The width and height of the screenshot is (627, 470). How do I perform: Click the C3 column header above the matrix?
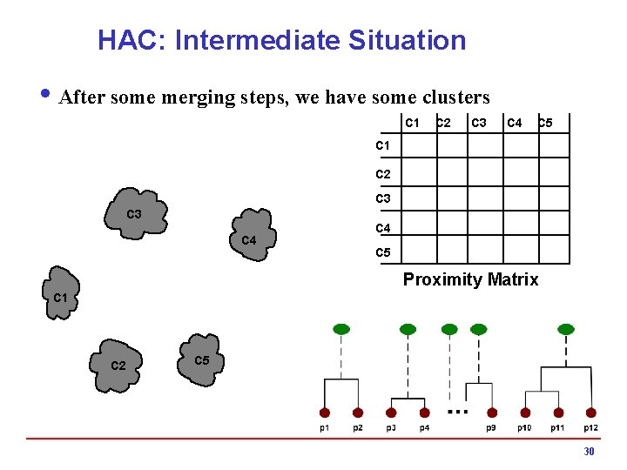478,123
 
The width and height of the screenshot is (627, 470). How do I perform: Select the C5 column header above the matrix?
544,123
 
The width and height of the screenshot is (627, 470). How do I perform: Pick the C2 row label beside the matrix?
383,174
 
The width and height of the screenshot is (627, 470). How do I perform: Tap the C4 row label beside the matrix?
383,228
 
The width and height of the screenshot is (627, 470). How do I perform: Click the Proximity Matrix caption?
470,279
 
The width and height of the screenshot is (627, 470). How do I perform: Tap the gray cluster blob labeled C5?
199,359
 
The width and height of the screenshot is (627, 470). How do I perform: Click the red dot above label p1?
325,413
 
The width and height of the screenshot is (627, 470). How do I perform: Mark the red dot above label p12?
591,413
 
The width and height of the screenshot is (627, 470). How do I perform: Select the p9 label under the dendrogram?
492,427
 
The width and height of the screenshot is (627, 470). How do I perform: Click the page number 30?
589,452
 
